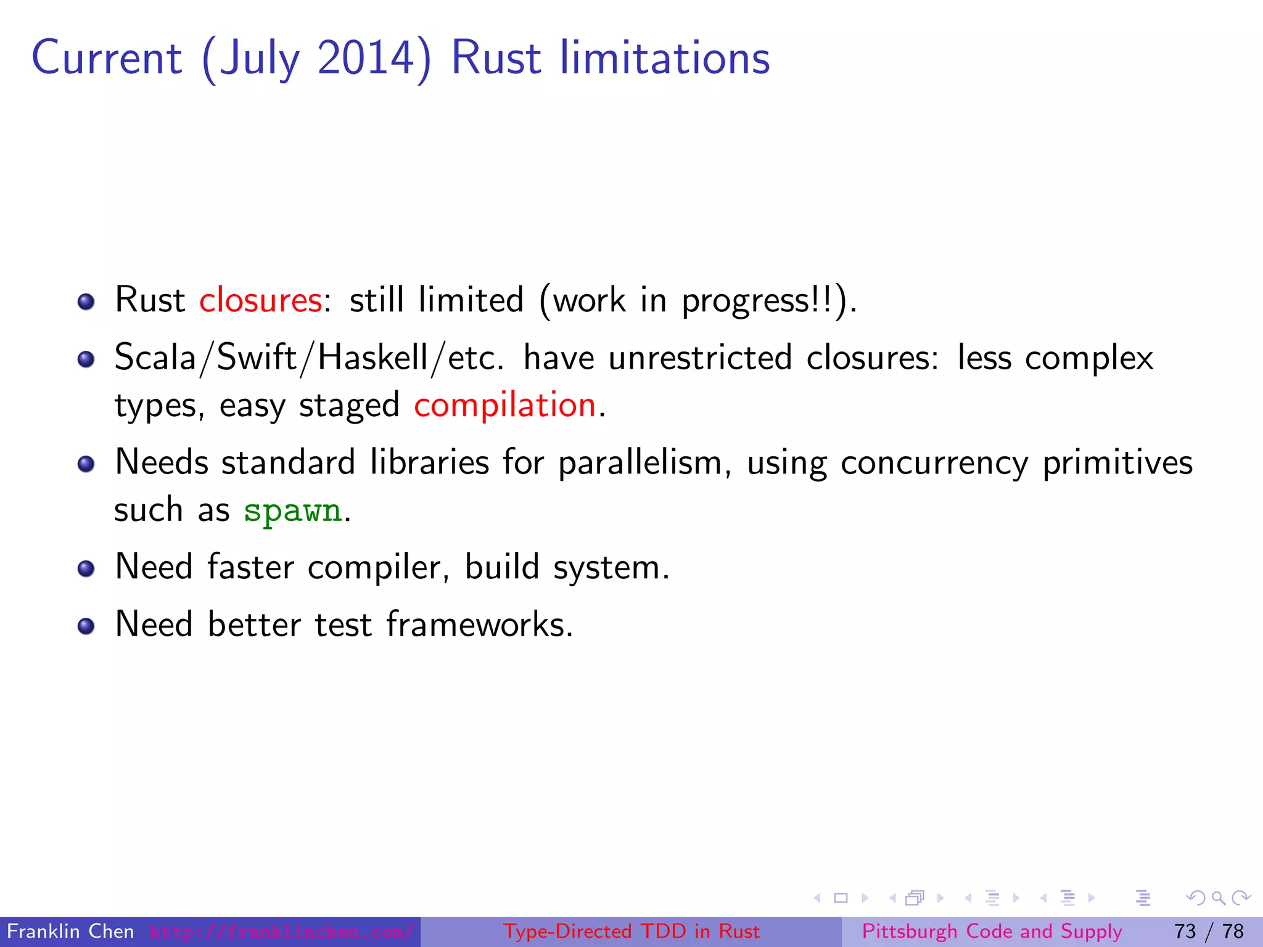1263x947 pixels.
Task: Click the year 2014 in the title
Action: click(x=366, y=58)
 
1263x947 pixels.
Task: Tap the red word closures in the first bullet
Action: click(x=260, y=301)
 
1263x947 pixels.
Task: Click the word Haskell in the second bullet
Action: click(x=372, y=358)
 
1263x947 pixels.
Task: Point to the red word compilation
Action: click(x=504, y=406)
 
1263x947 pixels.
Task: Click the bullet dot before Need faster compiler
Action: click(x=86, y=568)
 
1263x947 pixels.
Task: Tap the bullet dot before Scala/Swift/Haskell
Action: click(x=86, y=359)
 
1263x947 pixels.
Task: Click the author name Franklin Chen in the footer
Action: click(x=70, y=931)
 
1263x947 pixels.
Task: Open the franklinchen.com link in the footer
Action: click(x=281, y=932)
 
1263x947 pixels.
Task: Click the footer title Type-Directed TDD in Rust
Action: click(x=631, y=931)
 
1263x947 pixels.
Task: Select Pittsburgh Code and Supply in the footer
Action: click(x=992, y=931)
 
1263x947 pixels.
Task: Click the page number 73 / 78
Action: click(x=1209, y=931)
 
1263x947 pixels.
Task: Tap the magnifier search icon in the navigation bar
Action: click(x=1218, y=898)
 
